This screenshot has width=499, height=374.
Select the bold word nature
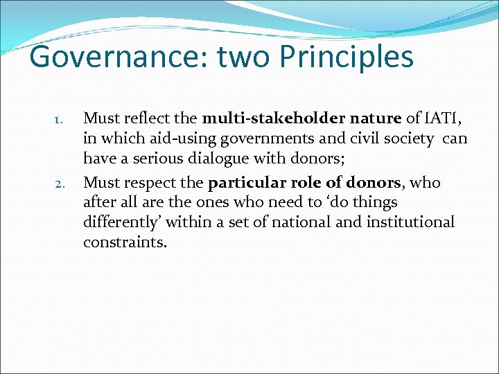pos(375,118)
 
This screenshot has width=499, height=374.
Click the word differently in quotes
pos(122,223)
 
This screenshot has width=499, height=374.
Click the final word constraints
pos(125,242)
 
